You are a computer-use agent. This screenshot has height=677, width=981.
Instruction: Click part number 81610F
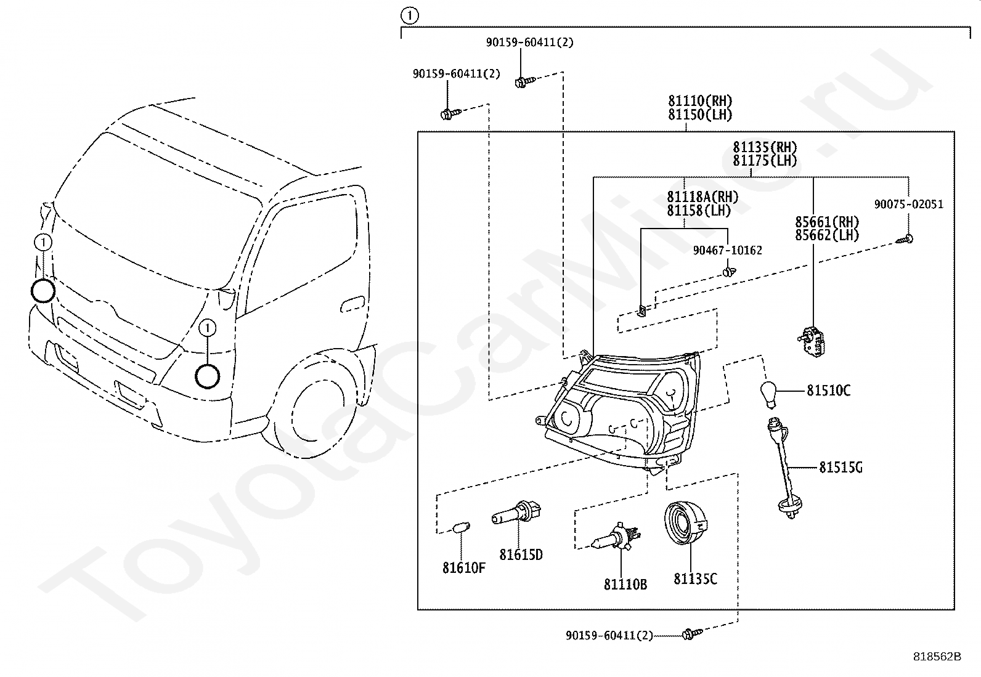pos(464,568)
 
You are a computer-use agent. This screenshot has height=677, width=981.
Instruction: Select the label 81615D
pos(521,555)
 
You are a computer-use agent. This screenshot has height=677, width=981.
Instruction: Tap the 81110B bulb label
pos(625,584)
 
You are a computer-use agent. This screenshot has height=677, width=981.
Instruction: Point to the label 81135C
pos(696,579)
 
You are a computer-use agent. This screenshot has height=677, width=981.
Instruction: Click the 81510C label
pos(829,390)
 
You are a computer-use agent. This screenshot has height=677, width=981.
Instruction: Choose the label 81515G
pos(841,468)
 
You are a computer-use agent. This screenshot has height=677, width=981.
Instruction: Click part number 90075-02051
pos(909,204)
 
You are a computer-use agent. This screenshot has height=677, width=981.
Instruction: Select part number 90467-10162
pos(727,250)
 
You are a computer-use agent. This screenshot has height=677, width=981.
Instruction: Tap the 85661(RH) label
pos(828,222)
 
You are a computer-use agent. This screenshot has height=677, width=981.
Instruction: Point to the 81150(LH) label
pos(700,115)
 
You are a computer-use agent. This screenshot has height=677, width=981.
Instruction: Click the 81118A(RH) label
pos(702,197)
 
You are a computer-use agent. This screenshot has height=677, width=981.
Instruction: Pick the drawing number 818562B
pos(937,657)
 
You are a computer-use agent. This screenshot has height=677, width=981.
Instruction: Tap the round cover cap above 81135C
pos(686,522)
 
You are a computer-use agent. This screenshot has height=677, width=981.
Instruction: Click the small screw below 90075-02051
pos(905,239)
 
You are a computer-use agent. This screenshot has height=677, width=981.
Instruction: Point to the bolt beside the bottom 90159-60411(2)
pos(692,634)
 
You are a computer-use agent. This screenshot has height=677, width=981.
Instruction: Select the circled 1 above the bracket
pos(410,16)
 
